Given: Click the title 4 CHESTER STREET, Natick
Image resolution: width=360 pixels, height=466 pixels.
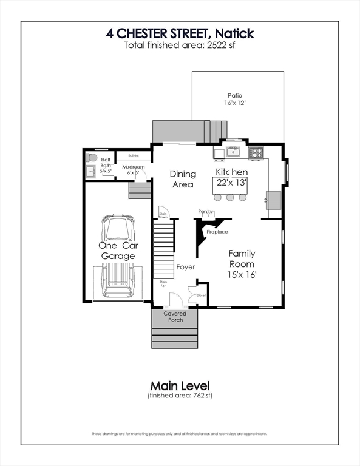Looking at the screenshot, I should (x=180, y=33).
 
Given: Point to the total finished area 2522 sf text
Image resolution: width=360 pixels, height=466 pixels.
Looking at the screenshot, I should (x=180, y=46).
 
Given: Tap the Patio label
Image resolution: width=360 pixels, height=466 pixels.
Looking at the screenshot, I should (x=235, y=95).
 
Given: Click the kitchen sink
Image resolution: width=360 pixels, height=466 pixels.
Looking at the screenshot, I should (x=233, y=151).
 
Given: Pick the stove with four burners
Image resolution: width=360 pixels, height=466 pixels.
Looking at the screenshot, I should (x=256, y=152).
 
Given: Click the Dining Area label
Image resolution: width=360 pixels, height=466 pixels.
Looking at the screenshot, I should (x=182, y=179).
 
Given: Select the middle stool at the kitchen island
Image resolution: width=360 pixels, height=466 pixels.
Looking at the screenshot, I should (x=230, y=197).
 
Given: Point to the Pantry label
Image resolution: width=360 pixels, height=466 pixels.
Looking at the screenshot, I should (x=205, y=212).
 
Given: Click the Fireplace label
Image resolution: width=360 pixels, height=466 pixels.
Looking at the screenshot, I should (x=217, y=232).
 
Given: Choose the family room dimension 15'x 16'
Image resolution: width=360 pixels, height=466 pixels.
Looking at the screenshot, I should (x=242, y=275).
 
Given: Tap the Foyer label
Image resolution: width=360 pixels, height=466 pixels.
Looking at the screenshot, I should (x=185, y=266).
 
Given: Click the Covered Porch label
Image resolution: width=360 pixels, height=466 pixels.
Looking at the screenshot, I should (x=175, y=317).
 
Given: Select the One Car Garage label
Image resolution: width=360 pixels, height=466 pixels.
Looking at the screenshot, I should (x=118, y=251).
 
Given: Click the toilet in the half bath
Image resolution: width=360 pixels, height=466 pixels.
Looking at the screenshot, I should (x=92, y=158).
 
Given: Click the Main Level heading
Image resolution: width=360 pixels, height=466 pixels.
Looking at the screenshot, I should (x=180, y=385).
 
